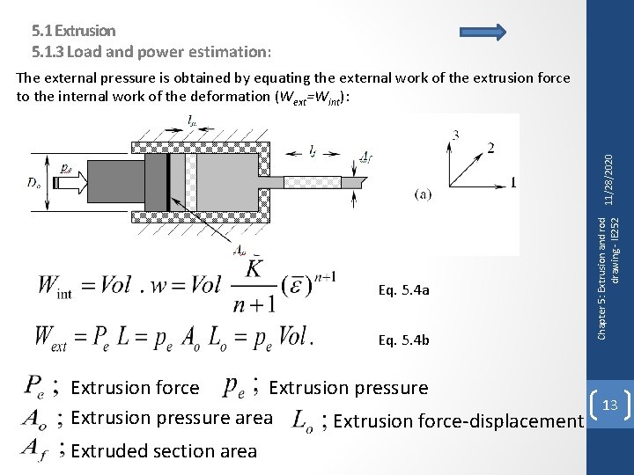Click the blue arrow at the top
point(483,33)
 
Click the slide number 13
point(611,404)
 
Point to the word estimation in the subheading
point(229,50)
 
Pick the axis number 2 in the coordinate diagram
point(490,147)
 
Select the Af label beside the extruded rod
point(365,158)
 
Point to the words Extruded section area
point(164,451)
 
